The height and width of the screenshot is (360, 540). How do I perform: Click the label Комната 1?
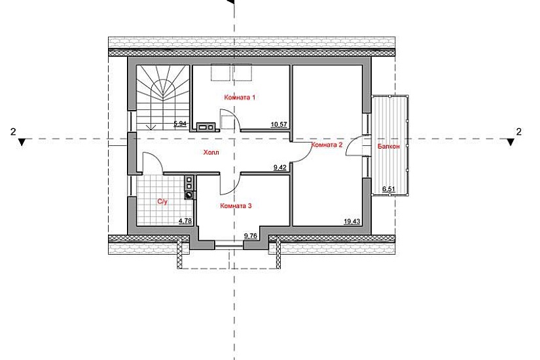[239, 98]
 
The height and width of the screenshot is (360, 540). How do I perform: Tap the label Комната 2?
[327, 145]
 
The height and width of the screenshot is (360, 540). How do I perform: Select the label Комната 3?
[236, 206]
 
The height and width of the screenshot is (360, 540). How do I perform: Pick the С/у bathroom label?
[163, 202]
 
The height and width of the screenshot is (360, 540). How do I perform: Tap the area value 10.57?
[279, 123]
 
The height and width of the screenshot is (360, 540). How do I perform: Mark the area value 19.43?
[352, 221]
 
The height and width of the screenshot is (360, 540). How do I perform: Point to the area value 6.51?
[389, 189]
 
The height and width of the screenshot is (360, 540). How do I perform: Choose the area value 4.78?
[187, 221]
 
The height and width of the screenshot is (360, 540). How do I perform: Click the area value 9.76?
[249, 234]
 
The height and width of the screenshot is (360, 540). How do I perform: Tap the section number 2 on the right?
[519, 132]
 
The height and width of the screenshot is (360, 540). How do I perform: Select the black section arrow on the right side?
[511, 141]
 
